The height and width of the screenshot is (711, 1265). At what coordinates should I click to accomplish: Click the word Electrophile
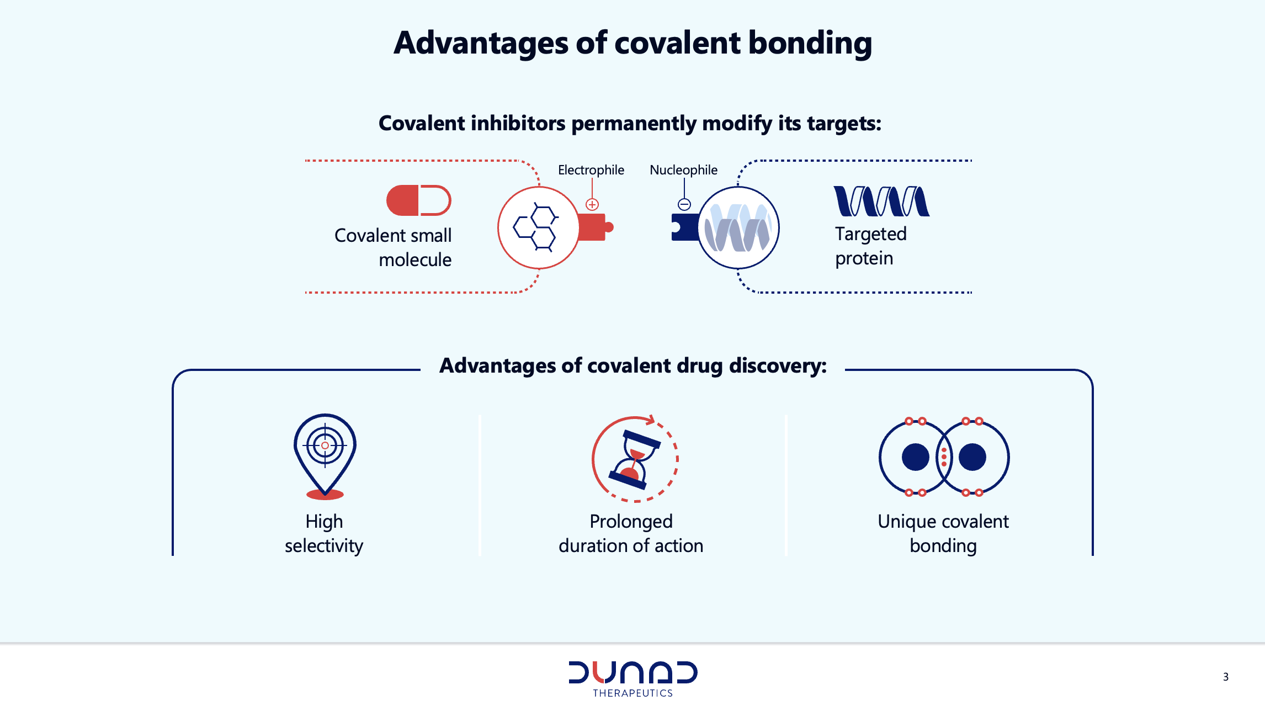pos(591,170)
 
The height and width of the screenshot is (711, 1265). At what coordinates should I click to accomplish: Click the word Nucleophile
pos(683,170)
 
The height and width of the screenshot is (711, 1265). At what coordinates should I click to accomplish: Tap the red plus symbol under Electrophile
pos(592,205)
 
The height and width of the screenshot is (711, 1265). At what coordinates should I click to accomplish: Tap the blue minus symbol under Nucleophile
pos(684,205)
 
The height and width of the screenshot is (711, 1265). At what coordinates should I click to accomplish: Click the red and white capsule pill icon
pos(419,200)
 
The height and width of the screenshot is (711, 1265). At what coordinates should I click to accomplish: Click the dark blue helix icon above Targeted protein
pos(881,201)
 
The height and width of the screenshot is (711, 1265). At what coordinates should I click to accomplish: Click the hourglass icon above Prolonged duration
pos(635,459)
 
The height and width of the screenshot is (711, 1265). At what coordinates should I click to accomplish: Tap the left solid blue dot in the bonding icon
pos(916,457)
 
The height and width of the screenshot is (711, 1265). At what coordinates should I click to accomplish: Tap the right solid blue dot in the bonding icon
pos(972,457)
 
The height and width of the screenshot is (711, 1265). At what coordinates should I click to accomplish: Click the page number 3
pos(1226,677)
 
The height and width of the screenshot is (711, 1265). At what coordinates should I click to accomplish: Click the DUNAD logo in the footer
pos(633,672)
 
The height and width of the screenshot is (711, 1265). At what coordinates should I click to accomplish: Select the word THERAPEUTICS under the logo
pos(633,693)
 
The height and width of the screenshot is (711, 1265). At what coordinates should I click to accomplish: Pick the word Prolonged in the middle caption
pos(631,522)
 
